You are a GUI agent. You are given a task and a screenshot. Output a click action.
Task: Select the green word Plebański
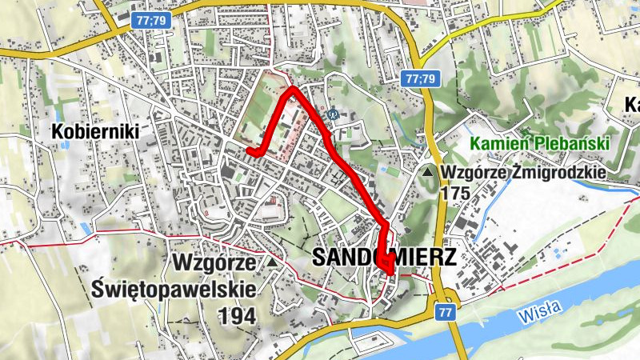coord(570,144)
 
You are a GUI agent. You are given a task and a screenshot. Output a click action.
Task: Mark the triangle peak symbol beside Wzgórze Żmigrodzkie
coord(430,172)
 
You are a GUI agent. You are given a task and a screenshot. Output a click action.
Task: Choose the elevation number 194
coord(236,316)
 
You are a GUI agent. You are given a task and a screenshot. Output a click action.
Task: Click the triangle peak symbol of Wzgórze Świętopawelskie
coord(273,262)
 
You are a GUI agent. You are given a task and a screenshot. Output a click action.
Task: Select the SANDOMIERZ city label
coord(384,258)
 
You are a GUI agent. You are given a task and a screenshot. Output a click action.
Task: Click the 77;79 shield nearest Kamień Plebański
coord(419,78)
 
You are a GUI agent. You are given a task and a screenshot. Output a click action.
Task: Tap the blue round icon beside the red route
coord(334,114)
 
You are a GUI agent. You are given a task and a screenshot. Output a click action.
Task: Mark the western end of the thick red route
coord(250,151)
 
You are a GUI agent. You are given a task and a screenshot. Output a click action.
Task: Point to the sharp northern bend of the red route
coord(291,90)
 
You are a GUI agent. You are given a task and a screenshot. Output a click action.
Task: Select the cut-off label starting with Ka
coord(631,105)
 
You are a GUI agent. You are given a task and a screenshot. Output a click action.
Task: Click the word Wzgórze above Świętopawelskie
coord(212,263)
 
